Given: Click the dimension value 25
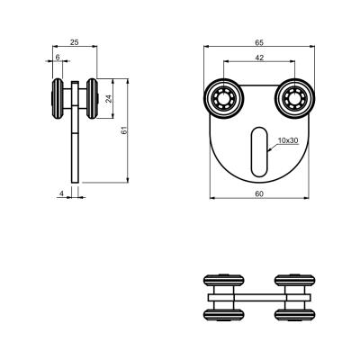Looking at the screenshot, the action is coord(75,42).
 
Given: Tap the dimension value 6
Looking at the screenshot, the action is coord(58,57).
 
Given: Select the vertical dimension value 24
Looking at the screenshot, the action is coord(109,99).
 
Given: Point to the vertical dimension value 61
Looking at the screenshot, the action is coord(124,130).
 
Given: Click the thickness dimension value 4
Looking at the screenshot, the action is coord(61,193).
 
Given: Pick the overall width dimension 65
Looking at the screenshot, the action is coord(259,42).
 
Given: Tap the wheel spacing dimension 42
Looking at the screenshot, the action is coord(259,58).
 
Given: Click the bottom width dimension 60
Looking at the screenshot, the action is coord(259,194).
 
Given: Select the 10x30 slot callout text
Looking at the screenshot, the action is coord(288,140).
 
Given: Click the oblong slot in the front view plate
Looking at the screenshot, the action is coord(258,151).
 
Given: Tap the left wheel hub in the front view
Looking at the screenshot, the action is coord(224,99).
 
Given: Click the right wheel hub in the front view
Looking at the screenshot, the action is coord(295,99).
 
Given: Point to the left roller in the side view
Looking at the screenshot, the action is coord(58,99).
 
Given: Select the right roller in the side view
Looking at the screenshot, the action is coord(93,99).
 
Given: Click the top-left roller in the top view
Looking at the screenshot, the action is coord(224,280).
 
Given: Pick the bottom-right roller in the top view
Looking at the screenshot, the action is coord(295,315).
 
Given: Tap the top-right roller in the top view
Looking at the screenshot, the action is coord(295,280).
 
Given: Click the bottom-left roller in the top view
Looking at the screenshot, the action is coord(224,315).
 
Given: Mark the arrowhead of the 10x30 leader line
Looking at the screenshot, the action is coord(269,149).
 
